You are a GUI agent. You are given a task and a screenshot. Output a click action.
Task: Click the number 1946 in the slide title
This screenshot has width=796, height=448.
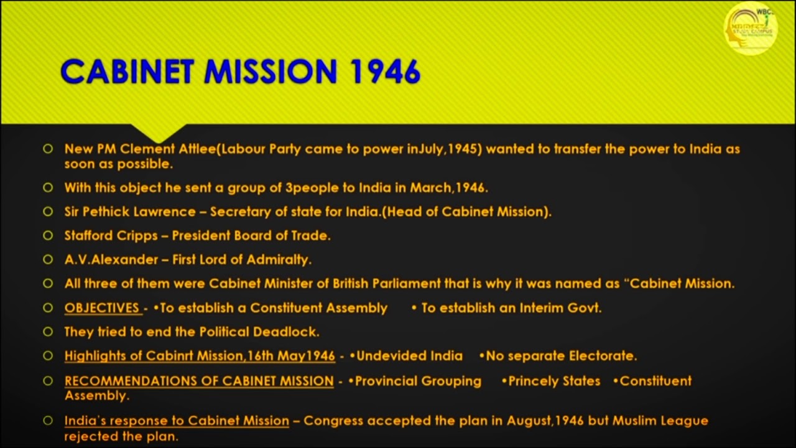click(386, 72)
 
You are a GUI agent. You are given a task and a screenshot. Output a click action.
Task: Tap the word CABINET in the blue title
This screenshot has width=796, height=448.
click(127, 72)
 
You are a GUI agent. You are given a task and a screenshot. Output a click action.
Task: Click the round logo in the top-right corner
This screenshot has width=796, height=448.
click(750, 29)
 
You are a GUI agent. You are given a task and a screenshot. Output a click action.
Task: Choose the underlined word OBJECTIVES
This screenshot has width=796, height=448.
click(103, 308)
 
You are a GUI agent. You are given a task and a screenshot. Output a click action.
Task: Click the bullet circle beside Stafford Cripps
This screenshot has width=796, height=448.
click(48, 236)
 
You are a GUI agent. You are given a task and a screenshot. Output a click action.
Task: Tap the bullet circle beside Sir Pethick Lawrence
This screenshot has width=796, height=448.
click(48, 212)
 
